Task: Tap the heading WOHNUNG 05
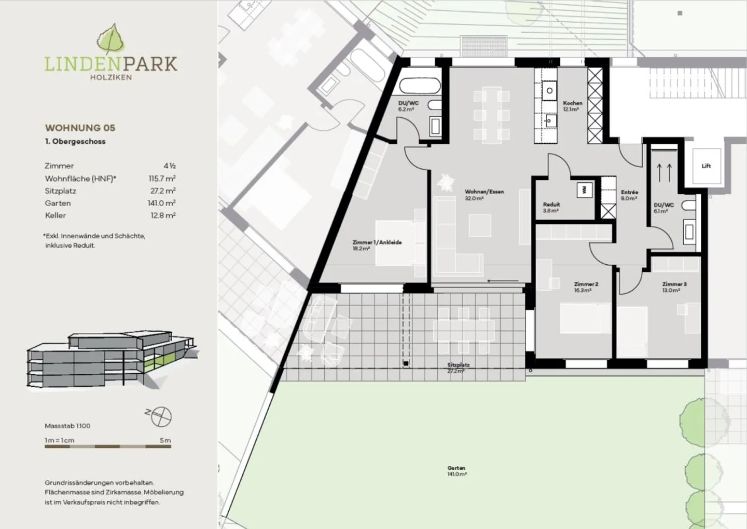80,128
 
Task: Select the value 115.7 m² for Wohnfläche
162,179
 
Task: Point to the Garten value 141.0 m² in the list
161,203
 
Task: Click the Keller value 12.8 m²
163,215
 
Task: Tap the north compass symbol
161,416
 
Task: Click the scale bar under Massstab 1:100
108,446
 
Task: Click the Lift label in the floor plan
706,166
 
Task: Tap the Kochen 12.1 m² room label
573,106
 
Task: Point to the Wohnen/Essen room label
484,195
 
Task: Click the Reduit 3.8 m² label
551,207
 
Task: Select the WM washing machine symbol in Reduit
585,190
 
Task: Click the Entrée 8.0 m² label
629,195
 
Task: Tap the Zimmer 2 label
586,287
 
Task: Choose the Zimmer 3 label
674,287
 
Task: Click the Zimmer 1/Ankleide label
377,245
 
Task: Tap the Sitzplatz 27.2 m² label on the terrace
458,368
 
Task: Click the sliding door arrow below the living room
503,281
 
